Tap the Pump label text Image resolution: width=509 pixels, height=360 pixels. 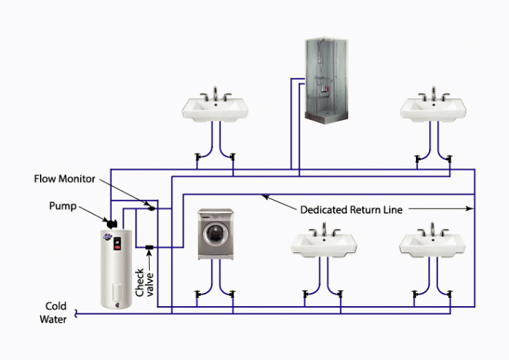coord(62,206)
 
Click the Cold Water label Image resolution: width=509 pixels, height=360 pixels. coord(56,312)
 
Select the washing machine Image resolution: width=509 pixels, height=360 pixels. coord(216,234)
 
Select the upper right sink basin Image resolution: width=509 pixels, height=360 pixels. coord(433,109)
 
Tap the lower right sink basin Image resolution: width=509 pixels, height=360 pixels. coord(433,245)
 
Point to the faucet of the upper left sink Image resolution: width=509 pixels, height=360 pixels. coord(215,94)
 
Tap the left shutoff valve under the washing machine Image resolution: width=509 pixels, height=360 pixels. coord(198,295)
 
